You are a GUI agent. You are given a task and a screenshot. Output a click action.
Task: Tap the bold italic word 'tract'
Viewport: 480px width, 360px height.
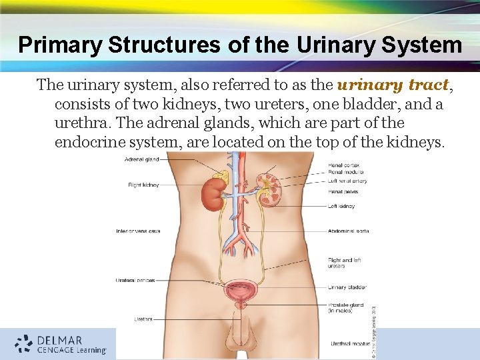pos(427,85)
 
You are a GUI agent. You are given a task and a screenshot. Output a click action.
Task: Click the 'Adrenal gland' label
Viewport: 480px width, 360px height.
pos(142,159)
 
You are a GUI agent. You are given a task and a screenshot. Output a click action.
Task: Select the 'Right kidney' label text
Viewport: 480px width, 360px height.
pos(143,185)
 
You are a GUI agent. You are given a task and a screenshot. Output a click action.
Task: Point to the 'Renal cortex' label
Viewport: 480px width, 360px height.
pos(343,165)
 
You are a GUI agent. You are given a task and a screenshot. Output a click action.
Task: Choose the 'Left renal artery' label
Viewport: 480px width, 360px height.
pos(347,181)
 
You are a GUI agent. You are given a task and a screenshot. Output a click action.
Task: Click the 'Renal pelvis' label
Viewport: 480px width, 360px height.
pos(343,191)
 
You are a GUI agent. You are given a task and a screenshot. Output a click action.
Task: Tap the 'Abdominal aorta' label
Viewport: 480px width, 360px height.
pos(348,231)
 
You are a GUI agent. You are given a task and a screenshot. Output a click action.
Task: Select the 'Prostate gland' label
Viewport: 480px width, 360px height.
pos(345,305)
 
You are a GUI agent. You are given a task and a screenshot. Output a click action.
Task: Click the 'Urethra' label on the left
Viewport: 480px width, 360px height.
pos(143,319)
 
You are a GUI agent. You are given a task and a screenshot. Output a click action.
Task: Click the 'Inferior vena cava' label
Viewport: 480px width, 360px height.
pos(137,231)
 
